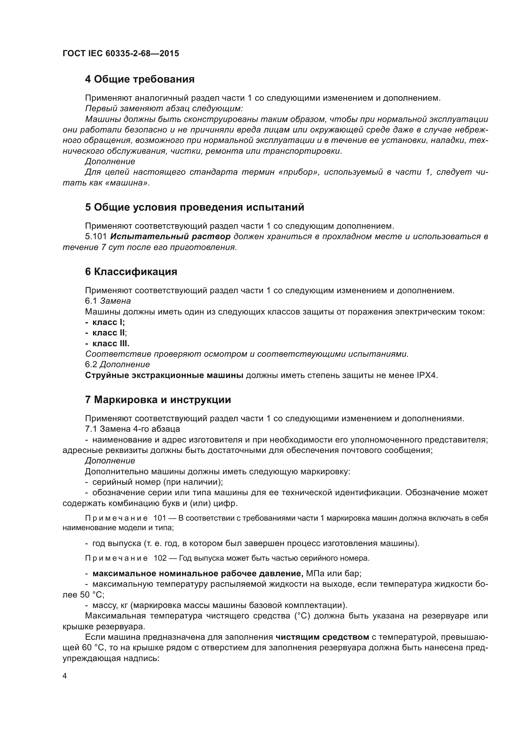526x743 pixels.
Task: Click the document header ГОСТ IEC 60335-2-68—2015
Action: pos(121,53)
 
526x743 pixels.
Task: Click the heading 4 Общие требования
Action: pos(140,79)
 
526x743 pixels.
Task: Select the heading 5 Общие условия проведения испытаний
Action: pos(194,207)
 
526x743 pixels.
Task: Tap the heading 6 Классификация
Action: pos(131,272)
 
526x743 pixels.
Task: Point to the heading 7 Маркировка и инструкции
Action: pos(158,400)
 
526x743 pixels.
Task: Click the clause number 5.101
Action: pos(95,237)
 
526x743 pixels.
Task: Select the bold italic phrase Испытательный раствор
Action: pos(170,237)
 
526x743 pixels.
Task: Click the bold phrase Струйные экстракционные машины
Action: pos(164,375)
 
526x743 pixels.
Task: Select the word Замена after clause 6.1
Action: pos(115,301)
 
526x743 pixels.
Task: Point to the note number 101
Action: pos(160,518)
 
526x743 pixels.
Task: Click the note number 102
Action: pos(160,558)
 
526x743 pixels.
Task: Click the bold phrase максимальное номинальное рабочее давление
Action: pos(197,574)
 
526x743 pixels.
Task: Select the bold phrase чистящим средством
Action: pos(322,637)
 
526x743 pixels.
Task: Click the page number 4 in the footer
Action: pos(65,676)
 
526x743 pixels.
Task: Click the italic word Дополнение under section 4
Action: pos(110,161)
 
